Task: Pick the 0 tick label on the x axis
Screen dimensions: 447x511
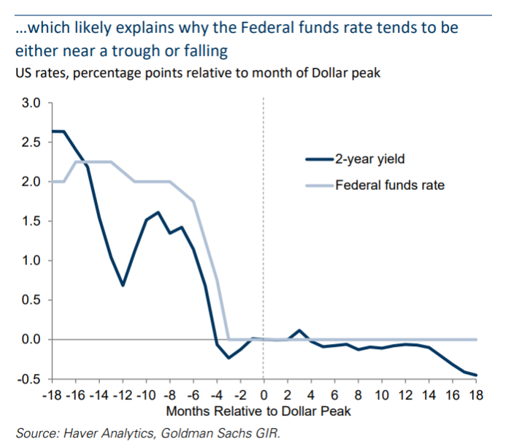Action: [263, 395]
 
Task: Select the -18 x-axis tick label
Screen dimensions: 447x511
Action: [51, 395]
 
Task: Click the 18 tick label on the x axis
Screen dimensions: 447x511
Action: [476, 395]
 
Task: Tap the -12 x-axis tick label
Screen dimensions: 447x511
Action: [122, 395]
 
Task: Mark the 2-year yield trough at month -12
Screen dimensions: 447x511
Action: [123, 285]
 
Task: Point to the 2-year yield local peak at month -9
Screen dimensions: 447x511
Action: [158, 213]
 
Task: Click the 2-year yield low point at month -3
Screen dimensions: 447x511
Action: [228, 358]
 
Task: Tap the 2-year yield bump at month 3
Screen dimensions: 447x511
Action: [299, 330]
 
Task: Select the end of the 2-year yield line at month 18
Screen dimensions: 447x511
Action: [477, 375]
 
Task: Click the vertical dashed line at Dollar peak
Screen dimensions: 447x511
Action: [264, 219]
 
